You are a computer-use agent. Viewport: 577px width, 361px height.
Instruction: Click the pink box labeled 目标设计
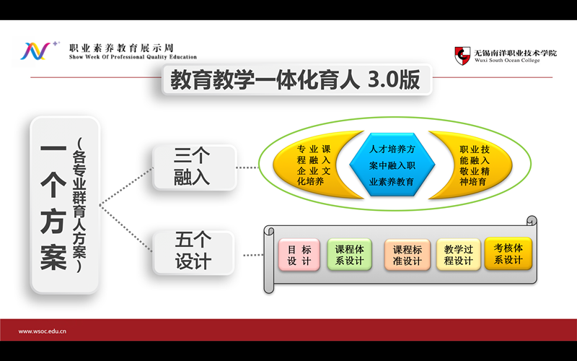point(299,255)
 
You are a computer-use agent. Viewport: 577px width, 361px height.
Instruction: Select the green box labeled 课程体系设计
point(350,255)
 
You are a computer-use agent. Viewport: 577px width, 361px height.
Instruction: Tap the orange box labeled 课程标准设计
point(407,255)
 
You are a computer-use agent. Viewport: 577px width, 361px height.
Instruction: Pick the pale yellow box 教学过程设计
point(459,255)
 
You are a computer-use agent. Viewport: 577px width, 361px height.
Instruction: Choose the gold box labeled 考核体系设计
point(508,254)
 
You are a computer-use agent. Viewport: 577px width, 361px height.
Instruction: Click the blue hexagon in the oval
point(392,165)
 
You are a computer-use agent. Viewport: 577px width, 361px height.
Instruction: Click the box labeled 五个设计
point(193,253)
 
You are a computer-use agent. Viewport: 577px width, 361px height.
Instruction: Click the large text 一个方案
point(53,206)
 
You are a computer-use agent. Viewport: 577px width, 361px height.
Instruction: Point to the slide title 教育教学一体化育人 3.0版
point(295,79)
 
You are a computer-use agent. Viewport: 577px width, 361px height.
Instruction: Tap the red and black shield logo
point(462,56)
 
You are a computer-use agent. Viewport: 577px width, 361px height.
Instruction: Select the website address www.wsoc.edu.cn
point(43,331)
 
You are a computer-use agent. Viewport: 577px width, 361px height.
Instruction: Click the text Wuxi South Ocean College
point(507,61)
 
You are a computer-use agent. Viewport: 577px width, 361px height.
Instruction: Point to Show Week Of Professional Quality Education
point(133,57)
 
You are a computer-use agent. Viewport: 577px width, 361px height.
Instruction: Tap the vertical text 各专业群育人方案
point(79,204)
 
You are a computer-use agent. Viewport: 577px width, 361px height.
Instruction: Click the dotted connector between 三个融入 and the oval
point(247,168)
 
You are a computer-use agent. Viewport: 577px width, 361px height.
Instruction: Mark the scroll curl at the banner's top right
point(532,220)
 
